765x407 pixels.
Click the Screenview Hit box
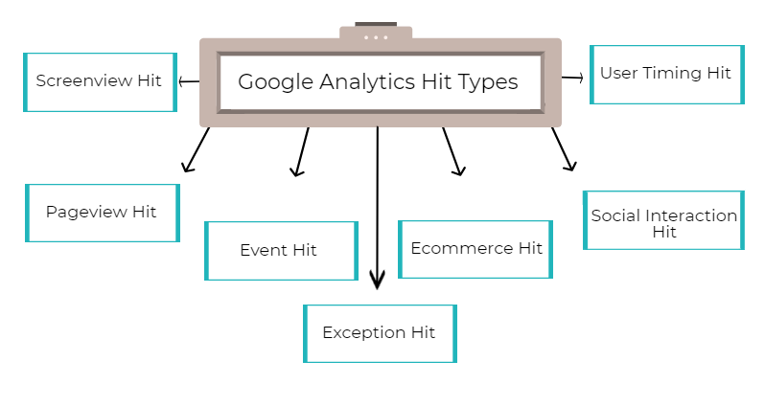[100, 81]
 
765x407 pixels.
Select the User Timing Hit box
[666, 74]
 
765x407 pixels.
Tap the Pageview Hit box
[102, 212]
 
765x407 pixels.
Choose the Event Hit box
[280, 250]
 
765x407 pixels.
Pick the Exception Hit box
[380, 333]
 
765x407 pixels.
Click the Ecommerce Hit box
[475, 249]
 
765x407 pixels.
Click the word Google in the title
[275, 82]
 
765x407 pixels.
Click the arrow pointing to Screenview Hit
[188, 81]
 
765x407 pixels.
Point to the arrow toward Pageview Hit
[196, 149]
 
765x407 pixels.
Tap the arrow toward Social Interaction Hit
[564, 149]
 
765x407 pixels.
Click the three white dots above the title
[376, 37]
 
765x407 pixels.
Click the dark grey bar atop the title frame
[376, 23]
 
